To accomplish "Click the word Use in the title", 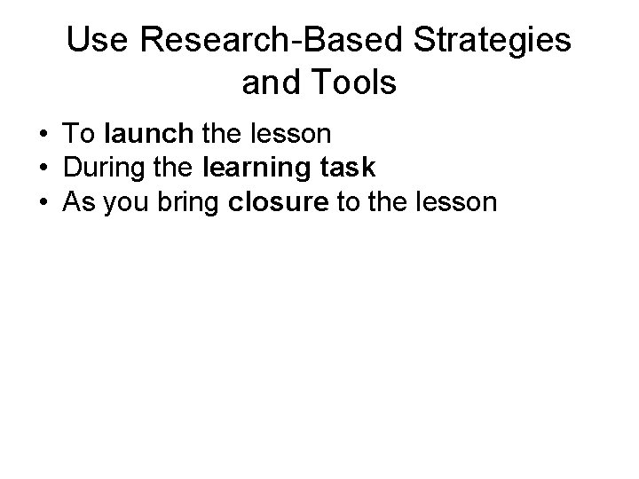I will coord(92,41).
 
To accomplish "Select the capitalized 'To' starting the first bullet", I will coord(79,135).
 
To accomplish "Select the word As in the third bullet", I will coord(77,203).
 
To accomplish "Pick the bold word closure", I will coord(277,203).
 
